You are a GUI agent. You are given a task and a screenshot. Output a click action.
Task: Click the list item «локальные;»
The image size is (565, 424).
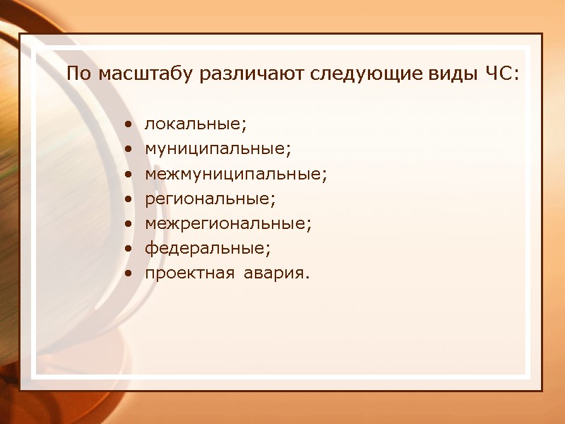pos(196,124)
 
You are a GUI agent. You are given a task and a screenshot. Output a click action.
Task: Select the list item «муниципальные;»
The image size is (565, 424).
pos(218,150)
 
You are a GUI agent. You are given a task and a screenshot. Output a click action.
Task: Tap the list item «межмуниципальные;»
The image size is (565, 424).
pos(236,174)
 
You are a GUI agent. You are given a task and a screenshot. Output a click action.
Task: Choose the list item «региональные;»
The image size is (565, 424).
pos(210,199)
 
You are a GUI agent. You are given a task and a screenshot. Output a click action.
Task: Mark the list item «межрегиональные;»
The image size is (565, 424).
pos(228,223)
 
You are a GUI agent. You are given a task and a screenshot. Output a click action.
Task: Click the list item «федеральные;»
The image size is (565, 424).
pos(208,249)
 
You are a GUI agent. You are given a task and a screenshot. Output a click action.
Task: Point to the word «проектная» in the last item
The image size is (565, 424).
pos(189,273)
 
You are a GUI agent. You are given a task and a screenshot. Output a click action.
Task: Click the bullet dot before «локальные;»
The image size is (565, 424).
pos(127,125)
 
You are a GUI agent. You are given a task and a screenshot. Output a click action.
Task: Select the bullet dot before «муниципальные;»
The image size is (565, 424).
pos(127,150)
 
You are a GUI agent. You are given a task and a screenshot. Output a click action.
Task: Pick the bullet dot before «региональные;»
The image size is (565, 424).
pos(127,199)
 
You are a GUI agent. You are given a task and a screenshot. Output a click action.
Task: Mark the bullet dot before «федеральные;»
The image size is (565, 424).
pos(127,249)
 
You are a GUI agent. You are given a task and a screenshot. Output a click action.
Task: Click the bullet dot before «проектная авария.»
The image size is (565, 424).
pos(127,273)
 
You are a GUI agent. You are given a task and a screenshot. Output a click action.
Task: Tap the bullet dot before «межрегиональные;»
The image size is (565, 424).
pos(127,224)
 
